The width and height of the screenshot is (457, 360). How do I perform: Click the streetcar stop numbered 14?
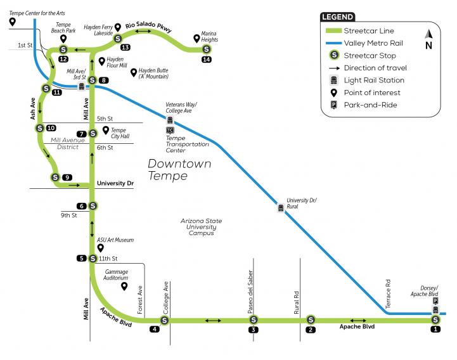pyautogui.click(x=206, y=49)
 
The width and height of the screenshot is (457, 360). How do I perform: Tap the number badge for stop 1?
pyautogui.click(x=435, y=330)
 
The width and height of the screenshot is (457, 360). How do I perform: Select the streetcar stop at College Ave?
pyautogui.click(x=164, y=320)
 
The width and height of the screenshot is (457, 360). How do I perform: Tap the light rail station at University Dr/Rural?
pyautogui.click(x=281, y=207)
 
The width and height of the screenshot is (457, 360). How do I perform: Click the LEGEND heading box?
pyautogui.click(x=338, y=17)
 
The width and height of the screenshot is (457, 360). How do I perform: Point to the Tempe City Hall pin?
pyautogui.click(x=106, y=130)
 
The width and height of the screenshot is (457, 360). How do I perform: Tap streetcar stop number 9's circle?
pyautogui.click(x=55, y=177)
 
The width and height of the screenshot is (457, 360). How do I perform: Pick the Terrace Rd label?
pyautogui.click(x=388, y=289)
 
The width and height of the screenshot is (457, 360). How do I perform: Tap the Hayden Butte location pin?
pyautogui.click(x=133, y=72)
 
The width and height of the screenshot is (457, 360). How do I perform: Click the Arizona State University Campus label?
pyautogui.click(x=202, y=227)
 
